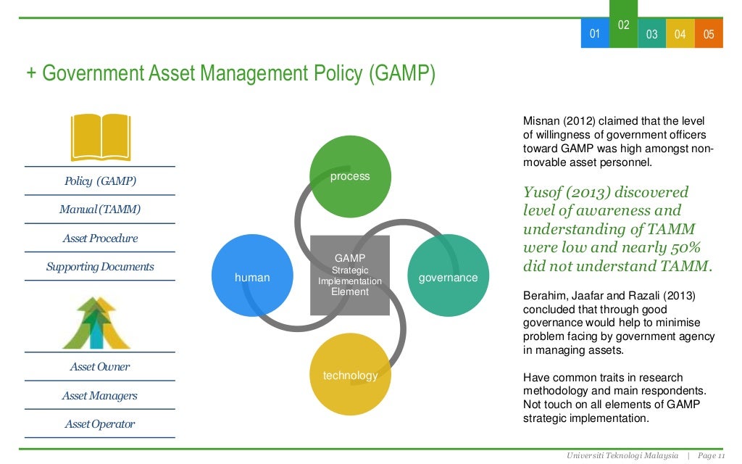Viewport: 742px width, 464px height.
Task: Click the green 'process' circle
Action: pyautogui.click(x=350, y=176)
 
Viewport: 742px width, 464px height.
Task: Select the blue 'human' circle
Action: pyautogui.click(x=252, y=276)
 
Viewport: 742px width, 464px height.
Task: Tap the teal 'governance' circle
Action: pyautogui.click(x=448, y=276)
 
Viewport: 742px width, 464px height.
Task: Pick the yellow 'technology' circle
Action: pyautogui.click(x=350, y=375)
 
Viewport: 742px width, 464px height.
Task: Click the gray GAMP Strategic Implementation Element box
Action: pyautogui.click(x=350, y=275)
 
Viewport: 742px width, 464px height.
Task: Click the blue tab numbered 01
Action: pyautogui.click(x=595, y=34)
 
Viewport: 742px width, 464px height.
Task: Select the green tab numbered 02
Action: pyautogui.click(x=623, y=25)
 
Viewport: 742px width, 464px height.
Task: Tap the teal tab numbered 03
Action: pyautogui.click(x=651, y=34)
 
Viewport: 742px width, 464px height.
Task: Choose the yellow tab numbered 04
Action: pyautogui.click(x=680, y=34)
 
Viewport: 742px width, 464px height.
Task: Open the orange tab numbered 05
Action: pyautogui.click(x=709, y=34)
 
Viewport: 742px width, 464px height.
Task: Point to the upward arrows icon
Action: pyautogui.click(x=96, y=323)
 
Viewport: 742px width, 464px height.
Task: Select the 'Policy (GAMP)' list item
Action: pyautogui.click(x=100, y=181)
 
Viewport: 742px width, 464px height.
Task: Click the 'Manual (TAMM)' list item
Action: pyautogui.click(x=100, y=210)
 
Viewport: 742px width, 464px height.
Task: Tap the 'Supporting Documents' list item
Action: pyautogui.click(x=100, y=267)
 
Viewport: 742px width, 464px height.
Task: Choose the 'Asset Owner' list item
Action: pyautogui.click(x=100, y=367)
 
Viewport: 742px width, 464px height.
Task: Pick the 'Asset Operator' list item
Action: pyautogui.click(x=100, y=424)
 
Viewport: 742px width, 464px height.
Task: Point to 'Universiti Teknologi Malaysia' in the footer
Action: pyautogui.click(x=623, y=455)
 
